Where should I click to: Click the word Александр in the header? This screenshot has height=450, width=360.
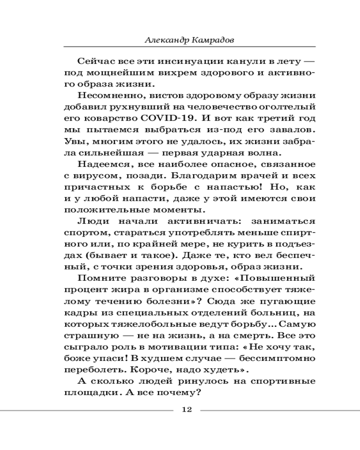click(166, 40)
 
